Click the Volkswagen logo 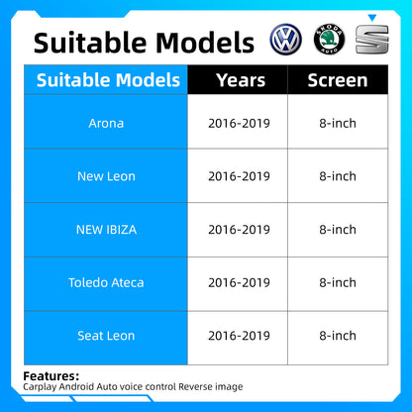click(288, 40)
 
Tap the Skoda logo click(331, 40)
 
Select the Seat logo click(373, 43)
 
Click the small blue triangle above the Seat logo click(373, 18)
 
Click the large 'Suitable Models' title click(144, 42)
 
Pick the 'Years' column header click(239, 80)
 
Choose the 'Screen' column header click(338, 80)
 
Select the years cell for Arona click(239, 123)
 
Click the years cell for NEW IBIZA click(239, 230)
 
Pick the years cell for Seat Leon click(239, 336)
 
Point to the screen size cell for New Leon click(338, 176)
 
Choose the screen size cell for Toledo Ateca click(338, 283)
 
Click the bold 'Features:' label click(51, 375)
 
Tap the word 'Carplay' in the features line click(42, 386)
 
